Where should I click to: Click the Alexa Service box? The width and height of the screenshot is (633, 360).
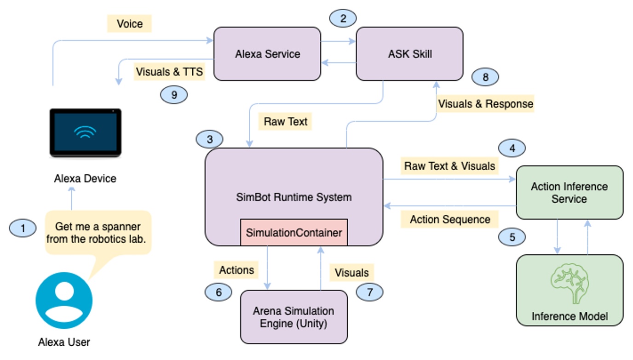point(267,54)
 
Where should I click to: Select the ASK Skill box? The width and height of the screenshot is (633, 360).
point(410,54)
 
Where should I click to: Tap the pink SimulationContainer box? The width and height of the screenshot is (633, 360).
point(294,232)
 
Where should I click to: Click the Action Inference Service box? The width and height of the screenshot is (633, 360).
point(570,193)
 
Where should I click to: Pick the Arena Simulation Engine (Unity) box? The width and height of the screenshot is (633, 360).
point(294,317)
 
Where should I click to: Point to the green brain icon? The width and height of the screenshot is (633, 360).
point(570,284)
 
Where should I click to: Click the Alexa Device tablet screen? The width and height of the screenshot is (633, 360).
point(86,132)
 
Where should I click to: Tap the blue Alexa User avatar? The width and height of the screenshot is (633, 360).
point(64,300)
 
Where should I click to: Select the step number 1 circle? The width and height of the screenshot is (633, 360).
point(23,228)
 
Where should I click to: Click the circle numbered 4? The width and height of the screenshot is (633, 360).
point(512,148)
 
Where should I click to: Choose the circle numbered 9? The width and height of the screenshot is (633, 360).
point(174,95)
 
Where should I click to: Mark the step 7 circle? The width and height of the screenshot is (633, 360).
point(369,292)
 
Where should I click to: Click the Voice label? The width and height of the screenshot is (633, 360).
point(129,24)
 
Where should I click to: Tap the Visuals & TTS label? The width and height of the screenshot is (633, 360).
point(169,72)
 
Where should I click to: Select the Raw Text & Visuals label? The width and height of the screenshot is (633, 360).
point(449,166)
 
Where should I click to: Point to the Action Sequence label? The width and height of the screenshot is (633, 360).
point(449,219)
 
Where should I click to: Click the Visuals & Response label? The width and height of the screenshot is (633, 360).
point(485,103)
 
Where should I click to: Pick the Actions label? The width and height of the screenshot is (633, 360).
point(236,270)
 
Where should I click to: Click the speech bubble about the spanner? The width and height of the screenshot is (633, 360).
point(98,233)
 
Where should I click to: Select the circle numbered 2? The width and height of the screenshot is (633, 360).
point(343,18)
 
